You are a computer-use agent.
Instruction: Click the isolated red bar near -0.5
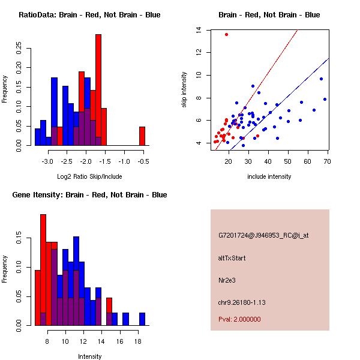tap(142, 136)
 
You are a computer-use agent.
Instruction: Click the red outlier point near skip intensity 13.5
tap(226, 34)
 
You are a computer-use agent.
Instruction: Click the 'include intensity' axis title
tap(269, 176)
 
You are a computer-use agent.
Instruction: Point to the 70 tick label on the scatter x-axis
tap(328, 161)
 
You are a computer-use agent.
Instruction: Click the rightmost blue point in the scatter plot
tap(325, 99)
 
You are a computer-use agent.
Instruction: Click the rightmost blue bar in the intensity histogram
tap(142, 319)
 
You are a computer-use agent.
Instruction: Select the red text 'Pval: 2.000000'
tap(239, 319)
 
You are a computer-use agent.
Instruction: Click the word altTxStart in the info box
tap(232, 258)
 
